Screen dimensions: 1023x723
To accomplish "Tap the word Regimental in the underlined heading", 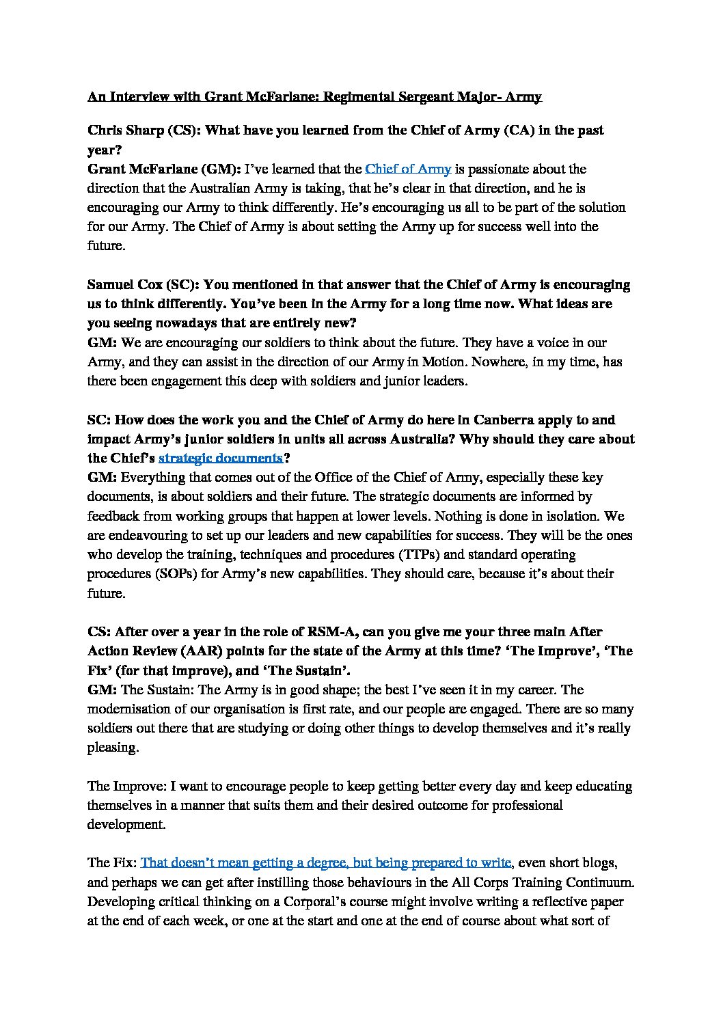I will pos(363,96).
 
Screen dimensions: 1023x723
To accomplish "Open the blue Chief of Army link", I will pos(408,169).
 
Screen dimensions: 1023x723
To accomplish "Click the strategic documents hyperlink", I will pos(220,457).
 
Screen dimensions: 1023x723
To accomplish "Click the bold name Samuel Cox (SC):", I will pos(143,284).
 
